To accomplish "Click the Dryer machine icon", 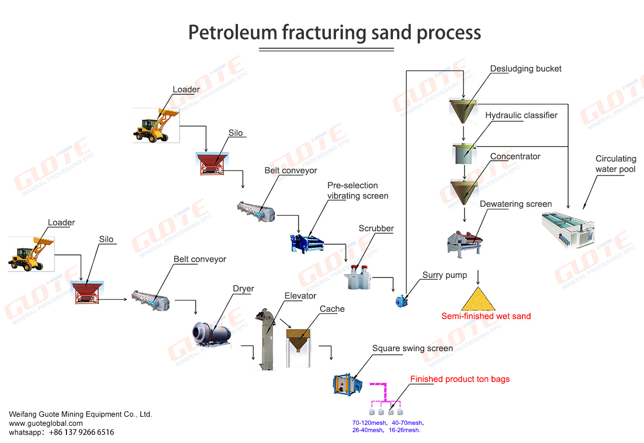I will point(210,334).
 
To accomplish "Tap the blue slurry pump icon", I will point(401,301).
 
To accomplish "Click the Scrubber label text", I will point(376,229).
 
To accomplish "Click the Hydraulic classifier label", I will point(521,115).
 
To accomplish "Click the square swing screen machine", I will point(347,385).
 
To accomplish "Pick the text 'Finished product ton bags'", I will point(459,379).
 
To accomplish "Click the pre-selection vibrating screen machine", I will point(306,243).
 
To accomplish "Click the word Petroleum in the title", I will point(232,33).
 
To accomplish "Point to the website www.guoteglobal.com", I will point(46,423).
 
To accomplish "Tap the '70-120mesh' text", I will point(369,423).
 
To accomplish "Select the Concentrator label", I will point(515,157).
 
